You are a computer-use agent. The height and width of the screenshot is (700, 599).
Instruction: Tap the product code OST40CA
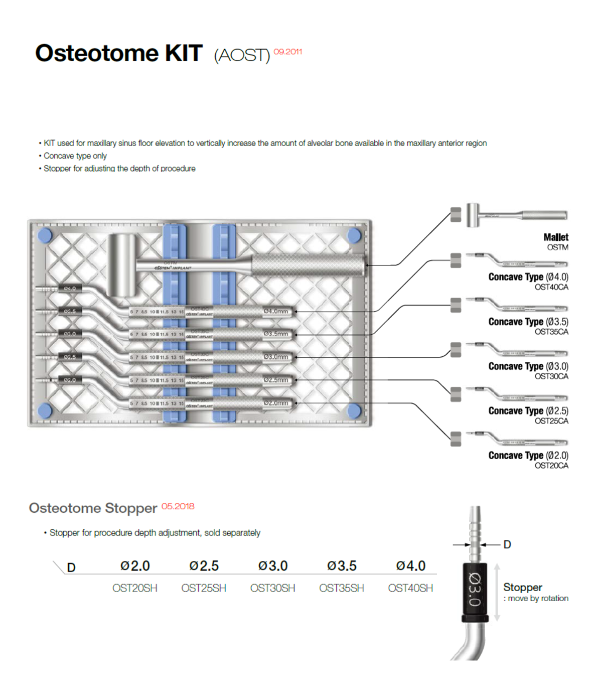(x=551, y=287)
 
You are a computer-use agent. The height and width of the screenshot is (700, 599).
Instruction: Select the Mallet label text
(x=556, y=237)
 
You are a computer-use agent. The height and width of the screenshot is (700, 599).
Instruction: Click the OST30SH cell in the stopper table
(x=272, y=588)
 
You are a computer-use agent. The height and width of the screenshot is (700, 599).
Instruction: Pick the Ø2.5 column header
(x=204, y=566)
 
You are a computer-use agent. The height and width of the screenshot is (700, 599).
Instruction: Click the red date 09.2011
(x=288, y=52)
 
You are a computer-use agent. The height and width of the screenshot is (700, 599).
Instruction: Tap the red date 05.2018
(x=178, y=506)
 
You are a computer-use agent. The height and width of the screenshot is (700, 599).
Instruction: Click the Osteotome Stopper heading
(x=93, y=508)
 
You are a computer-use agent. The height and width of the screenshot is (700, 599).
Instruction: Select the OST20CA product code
(x=551, y=466)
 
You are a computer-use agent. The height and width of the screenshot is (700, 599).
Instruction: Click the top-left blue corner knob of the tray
(x=45, y=235)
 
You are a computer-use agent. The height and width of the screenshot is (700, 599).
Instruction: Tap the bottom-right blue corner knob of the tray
(x=354, y=410)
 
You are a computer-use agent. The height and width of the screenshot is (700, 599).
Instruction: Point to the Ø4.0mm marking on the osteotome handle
(x=275, y=311)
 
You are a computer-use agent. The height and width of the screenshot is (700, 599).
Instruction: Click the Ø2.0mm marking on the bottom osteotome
(x=275, y=403)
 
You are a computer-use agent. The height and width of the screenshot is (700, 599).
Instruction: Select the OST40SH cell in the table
(x=410, y=588)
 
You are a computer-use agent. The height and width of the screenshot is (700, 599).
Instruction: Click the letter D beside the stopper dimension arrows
(x=507, y=544)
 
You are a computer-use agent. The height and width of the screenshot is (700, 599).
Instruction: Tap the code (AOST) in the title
(x=242, y=55)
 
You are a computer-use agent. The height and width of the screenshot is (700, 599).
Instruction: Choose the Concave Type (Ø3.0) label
(x=528, y=366)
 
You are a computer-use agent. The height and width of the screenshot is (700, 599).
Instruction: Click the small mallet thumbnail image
(x=517, y=215)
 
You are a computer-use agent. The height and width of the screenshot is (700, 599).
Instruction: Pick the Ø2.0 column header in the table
(x=135, y=566)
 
